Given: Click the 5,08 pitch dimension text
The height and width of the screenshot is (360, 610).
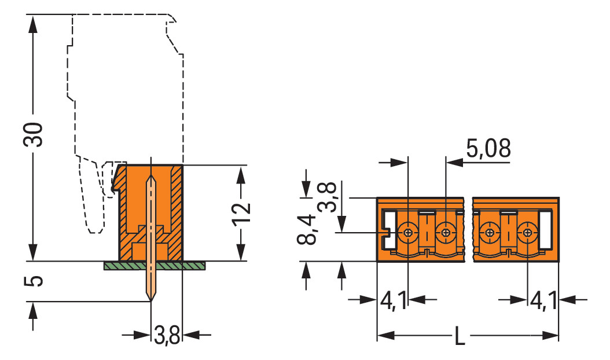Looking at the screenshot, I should tap(488, 149).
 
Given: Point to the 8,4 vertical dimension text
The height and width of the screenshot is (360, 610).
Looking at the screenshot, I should tap(309, 229).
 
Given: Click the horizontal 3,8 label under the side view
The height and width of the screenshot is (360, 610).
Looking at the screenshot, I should tap(167, 335).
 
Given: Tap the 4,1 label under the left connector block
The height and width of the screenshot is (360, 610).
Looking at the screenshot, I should tap(394, 300).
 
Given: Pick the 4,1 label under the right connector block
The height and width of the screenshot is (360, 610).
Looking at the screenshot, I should tap(544, 300).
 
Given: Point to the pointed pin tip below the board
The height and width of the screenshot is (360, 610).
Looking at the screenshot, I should tap(151, 296).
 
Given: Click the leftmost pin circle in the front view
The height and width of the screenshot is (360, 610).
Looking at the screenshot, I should tap(409, 233).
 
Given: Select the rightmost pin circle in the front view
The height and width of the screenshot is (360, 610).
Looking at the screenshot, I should tap(527, 233).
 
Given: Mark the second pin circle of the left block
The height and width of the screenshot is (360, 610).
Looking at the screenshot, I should tap(445, 233).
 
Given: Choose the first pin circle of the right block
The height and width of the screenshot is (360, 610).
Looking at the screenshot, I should tap(490, 233).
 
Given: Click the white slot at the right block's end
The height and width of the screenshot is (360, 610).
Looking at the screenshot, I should tap(545, 231).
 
